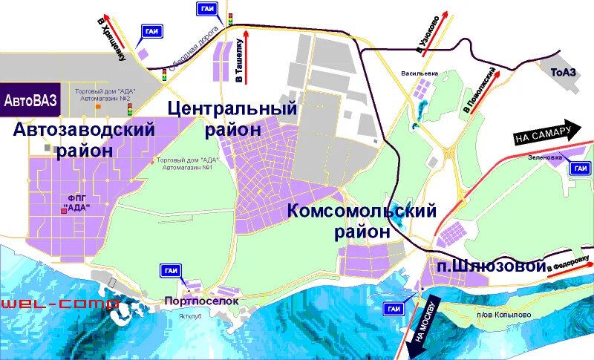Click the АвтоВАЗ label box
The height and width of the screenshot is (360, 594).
29,99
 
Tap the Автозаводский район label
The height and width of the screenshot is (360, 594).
83,140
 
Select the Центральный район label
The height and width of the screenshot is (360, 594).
232,118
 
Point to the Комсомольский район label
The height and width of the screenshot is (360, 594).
362,221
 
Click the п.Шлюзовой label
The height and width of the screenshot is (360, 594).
490,266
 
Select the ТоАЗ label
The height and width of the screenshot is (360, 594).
565,72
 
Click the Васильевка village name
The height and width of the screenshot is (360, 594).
420,74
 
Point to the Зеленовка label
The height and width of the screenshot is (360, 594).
545,157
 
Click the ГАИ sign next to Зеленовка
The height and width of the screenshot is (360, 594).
580,168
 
